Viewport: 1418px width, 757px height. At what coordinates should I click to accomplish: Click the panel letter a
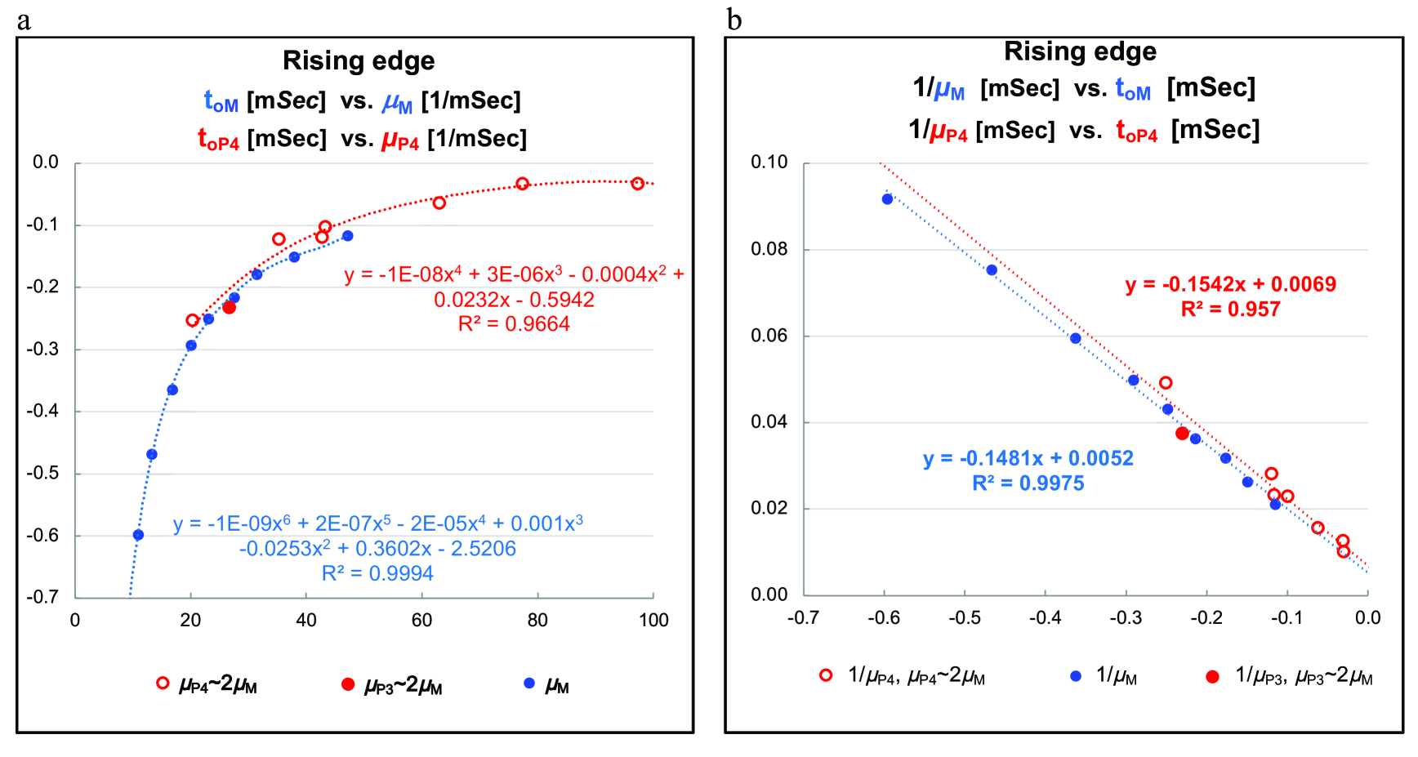tap(24, 20)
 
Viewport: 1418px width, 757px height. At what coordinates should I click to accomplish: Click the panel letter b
tap(734, 20)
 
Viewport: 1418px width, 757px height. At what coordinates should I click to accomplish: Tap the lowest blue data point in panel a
tap(138, 535)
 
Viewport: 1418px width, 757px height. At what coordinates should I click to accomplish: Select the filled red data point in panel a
tap(229, 307)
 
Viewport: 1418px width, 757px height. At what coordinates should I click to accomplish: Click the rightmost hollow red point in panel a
tap(638, 184)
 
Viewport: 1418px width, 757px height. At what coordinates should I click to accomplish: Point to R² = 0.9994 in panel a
tap(377, 573)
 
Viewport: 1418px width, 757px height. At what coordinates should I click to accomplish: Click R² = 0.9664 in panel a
tap(514, 324)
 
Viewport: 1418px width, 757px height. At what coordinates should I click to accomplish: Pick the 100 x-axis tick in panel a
tap(653, 621)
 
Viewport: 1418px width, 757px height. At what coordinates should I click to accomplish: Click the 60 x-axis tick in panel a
tap(421, 621)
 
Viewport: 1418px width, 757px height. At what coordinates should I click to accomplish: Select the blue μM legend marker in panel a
tap(529, 683)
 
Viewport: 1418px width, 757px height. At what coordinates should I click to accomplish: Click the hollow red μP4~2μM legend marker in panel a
tap(163, 683)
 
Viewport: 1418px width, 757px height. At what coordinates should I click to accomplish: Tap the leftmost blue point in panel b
tap(887, 199)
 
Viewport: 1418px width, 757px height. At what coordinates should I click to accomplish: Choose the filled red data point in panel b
tap(1182, 434)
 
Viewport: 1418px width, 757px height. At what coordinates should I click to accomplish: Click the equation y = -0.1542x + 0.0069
tap(1230, 284)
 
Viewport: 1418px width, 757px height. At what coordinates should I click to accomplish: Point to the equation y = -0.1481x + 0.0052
tap(1028, 458)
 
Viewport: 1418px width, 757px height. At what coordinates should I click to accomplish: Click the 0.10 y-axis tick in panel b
tap(769, 162)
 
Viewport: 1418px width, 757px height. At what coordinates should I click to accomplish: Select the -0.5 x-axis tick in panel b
tap(964, 618)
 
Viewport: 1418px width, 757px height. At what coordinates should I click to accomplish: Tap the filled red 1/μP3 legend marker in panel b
tap(1212, 676)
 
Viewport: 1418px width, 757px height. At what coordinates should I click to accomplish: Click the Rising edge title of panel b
tap(1080, 51)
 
